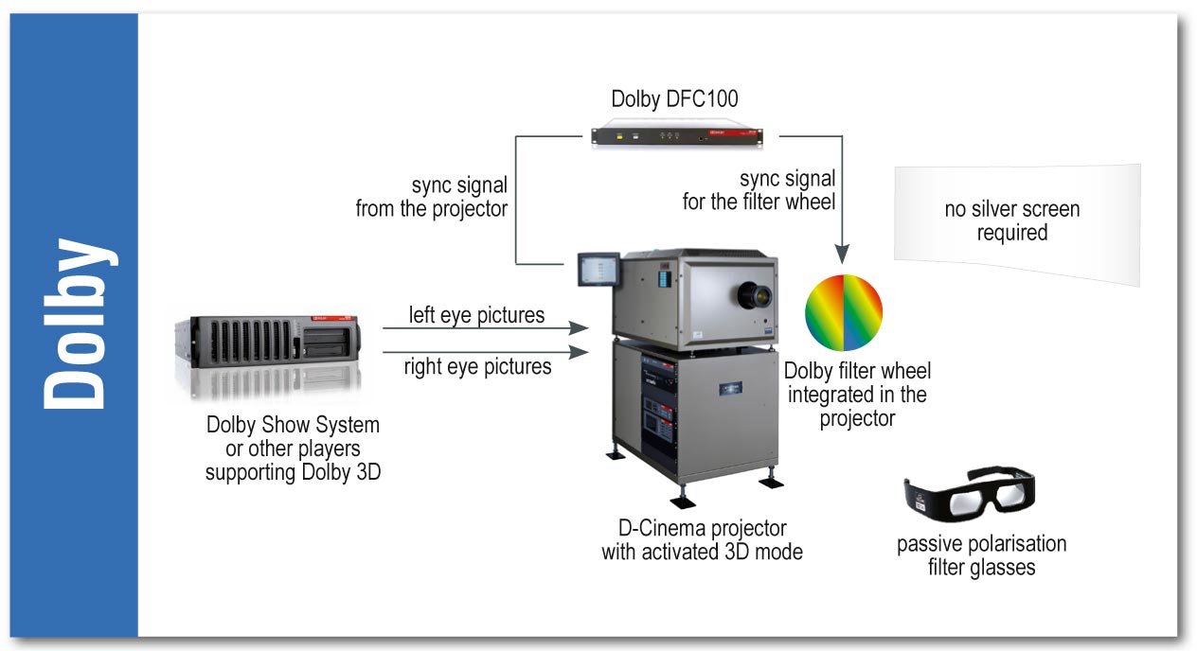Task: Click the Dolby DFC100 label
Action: point(674,98)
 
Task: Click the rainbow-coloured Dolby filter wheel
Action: point(843,311)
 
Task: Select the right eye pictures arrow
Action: point(483,351)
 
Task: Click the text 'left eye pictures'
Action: point(476,314)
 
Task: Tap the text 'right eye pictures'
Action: point(477,366)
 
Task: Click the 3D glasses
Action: point(969,496)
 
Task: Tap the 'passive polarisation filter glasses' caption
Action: point(981,555)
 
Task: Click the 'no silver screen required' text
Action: point(1011,220)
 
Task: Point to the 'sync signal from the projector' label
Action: point(432,196)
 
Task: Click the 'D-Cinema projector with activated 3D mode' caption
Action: point(702,540)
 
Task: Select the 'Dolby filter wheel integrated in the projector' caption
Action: point(857,394)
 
